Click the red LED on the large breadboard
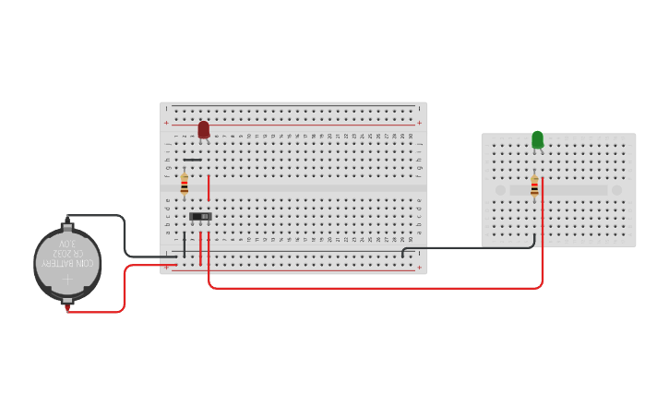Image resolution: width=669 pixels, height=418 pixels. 204,129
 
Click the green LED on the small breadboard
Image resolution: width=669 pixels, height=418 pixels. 537,140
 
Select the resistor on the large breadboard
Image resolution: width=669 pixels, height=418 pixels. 185,185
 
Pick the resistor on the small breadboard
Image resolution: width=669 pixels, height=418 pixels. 534,186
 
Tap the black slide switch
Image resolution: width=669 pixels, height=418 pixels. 200,217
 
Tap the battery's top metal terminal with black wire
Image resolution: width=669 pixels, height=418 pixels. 67,223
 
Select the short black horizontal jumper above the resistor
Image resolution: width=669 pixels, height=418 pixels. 192,160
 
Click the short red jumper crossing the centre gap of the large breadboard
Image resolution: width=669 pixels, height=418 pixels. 209,187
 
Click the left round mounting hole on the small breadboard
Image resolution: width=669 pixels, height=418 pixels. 500,190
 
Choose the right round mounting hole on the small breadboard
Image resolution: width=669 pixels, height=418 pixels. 616,190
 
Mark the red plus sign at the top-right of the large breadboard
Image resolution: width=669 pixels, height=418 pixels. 419,123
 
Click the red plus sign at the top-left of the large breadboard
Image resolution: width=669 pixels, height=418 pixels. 167,123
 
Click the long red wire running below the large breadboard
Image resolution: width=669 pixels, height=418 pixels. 369,288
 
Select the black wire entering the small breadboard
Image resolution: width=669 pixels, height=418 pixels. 471,247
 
